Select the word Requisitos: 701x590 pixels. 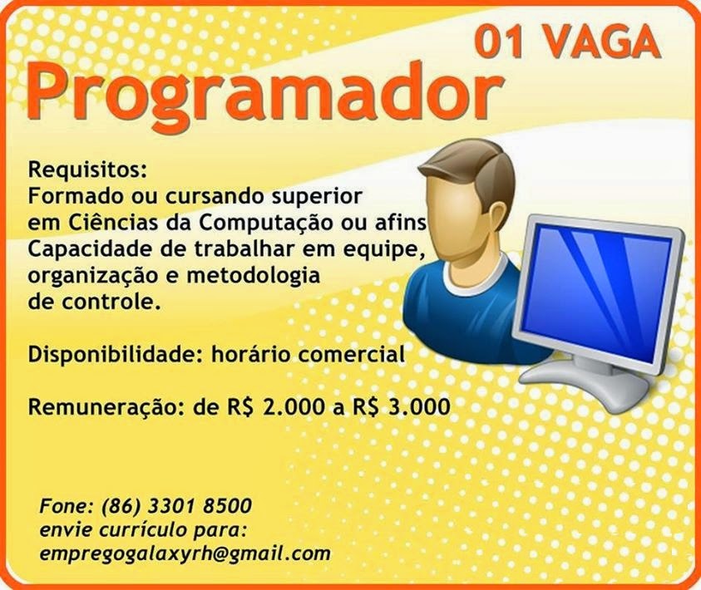(x=87, y=171)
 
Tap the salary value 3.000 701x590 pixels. (x=416, y=407)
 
